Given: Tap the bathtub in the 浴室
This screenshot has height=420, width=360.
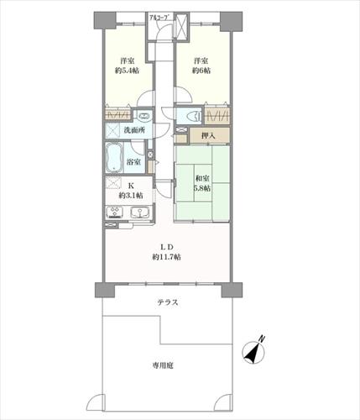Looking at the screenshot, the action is click(x=114, y=158).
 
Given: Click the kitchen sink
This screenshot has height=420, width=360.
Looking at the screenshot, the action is click(x=140, y=212).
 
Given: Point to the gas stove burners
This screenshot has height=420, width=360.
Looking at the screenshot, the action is click(x=114, y=212).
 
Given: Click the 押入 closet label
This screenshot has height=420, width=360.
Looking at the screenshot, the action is click(x=208, y=136).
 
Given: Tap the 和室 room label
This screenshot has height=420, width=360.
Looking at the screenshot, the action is click(x=201, y=178).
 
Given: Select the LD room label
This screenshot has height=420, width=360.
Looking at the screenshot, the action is click(x=167, y=247).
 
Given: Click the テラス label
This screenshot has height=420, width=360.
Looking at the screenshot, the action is click(x=168, y=302).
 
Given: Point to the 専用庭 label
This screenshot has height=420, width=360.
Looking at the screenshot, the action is click(x=163, y=365).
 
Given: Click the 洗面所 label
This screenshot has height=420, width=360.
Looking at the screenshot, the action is click(x=134, y=130).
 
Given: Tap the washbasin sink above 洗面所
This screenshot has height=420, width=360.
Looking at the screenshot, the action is click(x=144, y=116).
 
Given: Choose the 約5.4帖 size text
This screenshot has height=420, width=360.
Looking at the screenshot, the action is click(x=127, y=71).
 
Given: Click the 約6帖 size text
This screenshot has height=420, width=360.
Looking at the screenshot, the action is click(x=201, y=71).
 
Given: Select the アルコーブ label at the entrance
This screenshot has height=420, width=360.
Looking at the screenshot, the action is click(x=159, y=17).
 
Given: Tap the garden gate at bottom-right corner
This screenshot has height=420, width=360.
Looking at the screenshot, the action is click(x=223, y=402).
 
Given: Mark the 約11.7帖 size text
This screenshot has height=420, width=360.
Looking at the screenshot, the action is click(x=166, y=257).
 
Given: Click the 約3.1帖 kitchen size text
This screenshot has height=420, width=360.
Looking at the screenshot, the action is click(x=131, y=195).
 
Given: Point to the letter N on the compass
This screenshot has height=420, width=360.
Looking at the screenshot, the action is click(x=262, y=339).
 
